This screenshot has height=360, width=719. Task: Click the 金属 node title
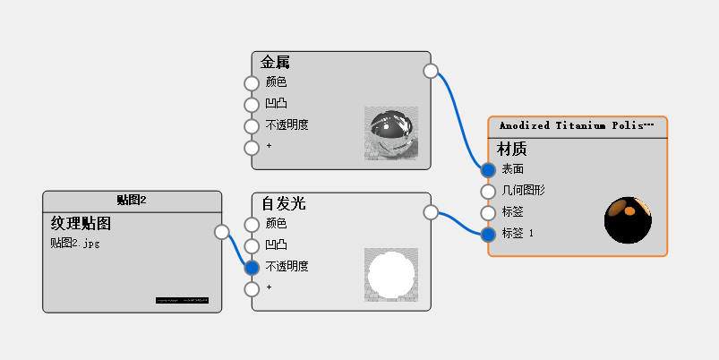(x=275, y=63)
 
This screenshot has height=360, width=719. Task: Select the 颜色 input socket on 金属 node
(x=252, y=83)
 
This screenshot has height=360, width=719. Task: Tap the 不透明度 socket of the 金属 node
(x=252, y=126)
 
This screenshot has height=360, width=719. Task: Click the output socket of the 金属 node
(x=430, y=71)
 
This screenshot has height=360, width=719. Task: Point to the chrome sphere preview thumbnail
(x=390, y=133)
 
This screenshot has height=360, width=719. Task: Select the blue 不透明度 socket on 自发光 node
(x=252, y=267)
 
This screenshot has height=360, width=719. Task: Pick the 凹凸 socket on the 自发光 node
(x=252, y=245)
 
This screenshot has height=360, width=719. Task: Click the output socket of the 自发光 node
(x=430, y=212)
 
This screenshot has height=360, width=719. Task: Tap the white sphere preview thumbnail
(x=390, y=275)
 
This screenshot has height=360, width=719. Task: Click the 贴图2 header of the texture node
(x=132, y=200)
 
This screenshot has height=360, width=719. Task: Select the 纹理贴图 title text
(x=81, y=223)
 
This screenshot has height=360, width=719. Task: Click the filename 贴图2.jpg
(x=74, y=243)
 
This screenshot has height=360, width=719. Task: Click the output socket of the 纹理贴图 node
(x=221, y=233)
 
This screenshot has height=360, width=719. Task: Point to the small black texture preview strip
(x=181, y=300)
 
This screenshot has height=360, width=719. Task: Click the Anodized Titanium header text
(x=577, y=126)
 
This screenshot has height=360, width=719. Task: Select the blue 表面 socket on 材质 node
(x=488, y=169)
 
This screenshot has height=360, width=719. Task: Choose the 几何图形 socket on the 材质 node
(x=488, y=191)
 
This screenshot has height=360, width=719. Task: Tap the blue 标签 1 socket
(x=488, y=235)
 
